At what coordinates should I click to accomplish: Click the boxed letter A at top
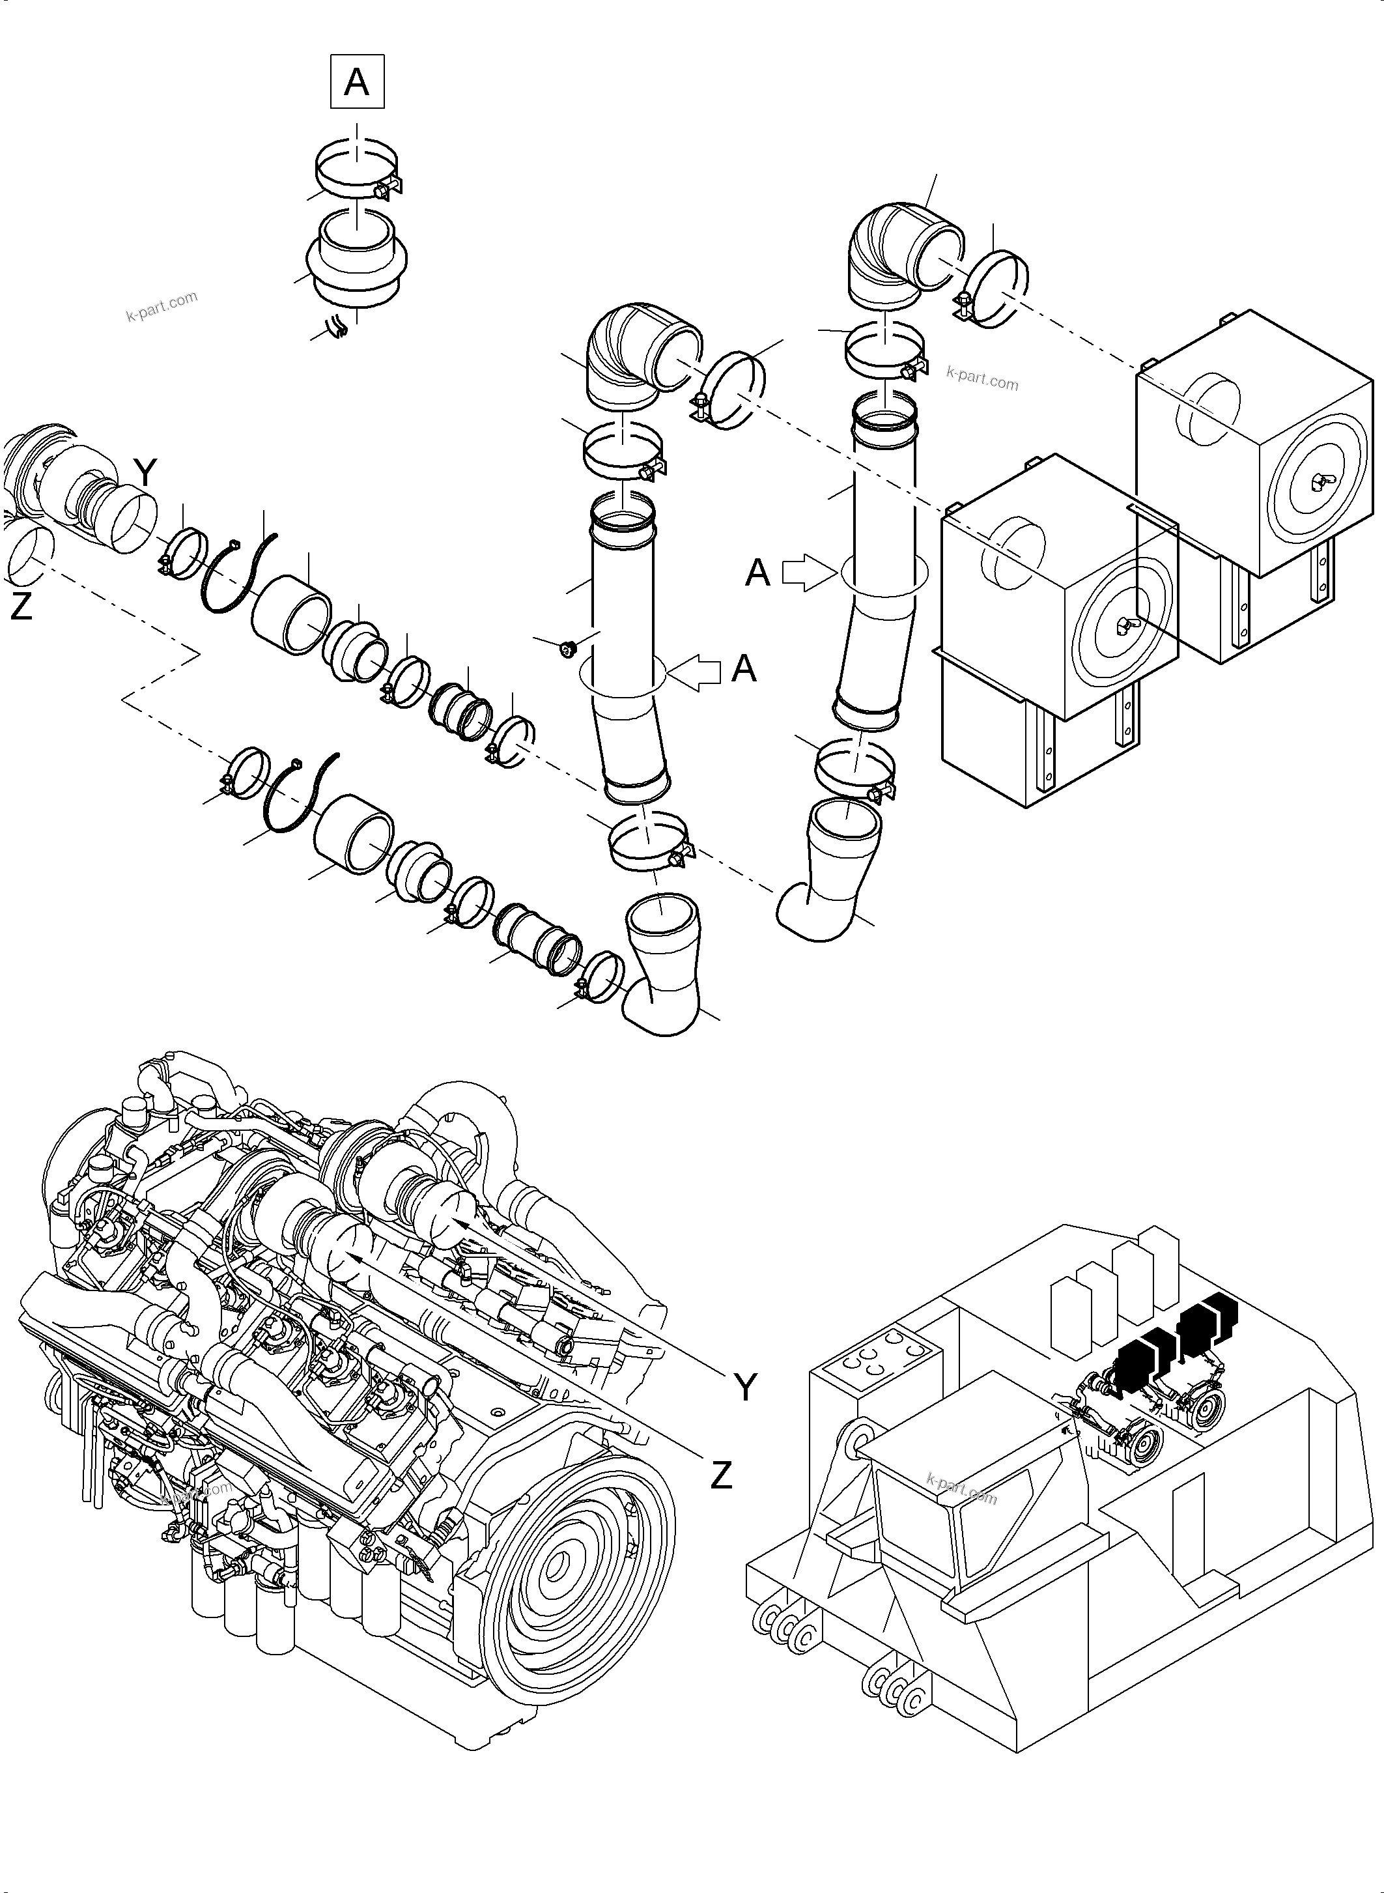click(358, 81)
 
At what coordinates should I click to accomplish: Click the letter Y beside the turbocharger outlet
click(145, 474)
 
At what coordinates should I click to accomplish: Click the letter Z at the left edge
click(21, 605)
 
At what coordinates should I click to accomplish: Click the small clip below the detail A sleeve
click(337, 325)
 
